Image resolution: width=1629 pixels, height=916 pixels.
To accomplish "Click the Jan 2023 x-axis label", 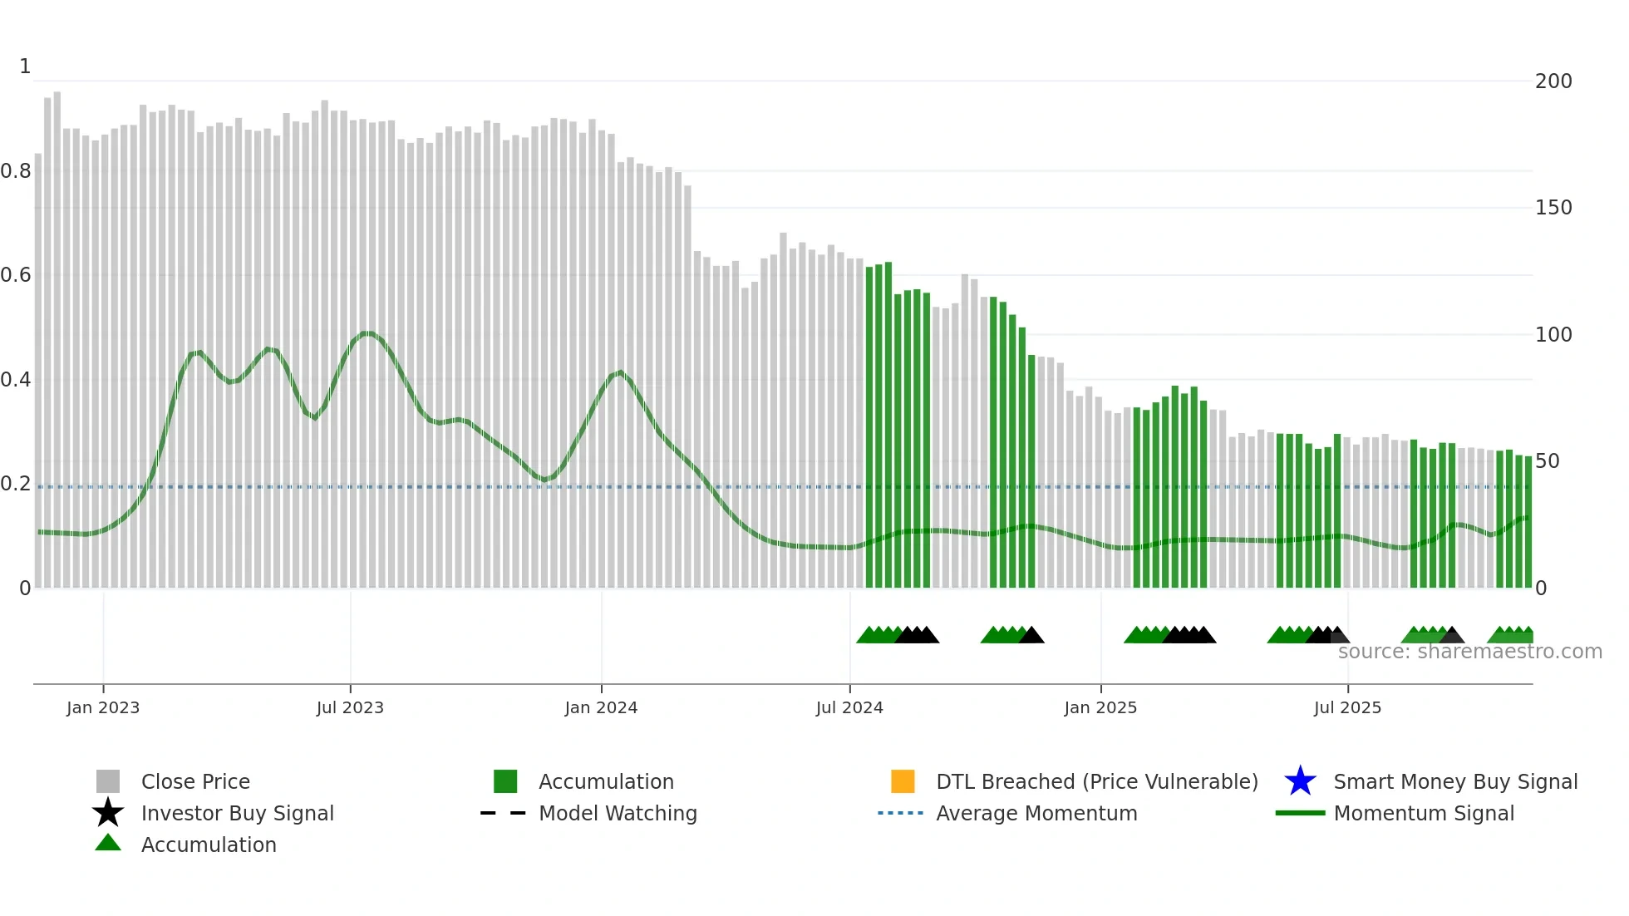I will pos(103,707).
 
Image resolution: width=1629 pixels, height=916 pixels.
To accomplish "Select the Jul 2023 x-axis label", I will pos(350,707).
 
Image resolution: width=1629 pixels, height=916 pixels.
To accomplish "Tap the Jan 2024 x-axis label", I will pos(601,707).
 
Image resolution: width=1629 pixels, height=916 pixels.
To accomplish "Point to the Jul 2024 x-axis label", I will pos(849,707).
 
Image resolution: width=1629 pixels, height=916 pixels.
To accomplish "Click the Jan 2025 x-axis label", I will pos(1100,707).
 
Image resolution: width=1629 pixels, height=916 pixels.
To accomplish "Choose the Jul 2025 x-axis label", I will pos(1347,707).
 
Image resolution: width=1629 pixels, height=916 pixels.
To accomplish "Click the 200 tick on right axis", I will pos(1553,81).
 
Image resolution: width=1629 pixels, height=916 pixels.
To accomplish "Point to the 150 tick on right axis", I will pos(1553,208).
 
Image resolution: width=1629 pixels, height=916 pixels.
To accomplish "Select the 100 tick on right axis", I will pos(1553,335).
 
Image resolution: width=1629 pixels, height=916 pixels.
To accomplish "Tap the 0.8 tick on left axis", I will pos(16,171).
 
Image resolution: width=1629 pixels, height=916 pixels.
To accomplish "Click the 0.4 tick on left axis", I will pos(16,380).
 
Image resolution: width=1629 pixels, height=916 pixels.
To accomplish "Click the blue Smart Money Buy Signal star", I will pos(1300,781).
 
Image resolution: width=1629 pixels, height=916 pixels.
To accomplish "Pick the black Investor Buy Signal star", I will pos(108,813).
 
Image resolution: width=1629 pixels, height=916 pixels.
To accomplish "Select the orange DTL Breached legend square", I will pos(903,781).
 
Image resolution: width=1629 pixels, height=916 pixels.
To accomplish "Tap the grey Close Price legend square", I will pos(108,781).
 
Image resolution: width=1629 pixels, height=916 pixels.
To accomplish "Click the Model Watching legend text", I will pos(618,813).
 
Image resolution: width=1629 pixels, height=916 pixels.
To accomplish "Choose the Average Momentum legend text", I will pos(1036,813).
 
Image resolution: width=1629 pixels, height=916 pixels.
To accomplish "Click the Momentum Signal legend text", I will pos(1424,813).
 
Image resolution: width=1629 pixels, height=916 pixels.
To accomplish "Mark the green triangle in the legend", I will pos(108,843).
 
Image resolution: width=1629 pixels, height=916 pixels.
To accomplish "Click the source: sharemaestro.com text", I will pos(1469,652).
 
